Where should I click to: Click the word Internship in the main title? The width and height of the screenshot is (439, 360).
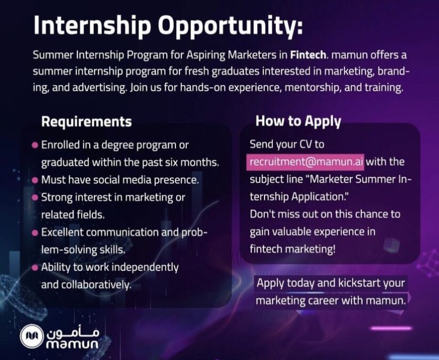click(x=92, y=26)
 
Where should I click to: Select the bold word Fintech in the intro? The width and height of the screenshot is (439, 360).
click(x=308, y=54)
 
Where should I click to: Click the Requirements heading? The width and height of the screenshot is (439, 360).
click(x=86, y=122)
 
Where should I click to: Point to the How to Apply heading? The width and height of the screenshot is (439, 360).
click(x=298, y=122)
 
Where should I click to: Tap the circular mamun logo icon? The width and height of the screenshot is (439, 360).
click(x=31, y=336)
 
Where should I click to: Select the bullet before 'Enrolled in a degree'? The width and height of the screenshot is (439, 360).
click(x=35, y=145)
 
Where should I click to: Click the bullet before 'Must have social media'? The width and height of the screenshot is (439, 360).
click(x=35, y=180)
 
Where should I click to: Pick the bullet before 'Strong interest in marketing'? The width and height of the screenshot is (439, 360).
click(x=35, y=198)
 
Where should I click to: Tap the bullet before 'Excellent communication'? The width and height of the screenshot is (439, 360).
click(x=35, y=233)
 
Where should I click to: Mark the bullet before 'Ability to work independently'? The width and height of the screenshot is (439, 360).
click(x=35, y=268)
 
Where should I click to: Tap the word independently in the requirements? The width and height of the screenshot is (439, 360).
click(x=148, y=268)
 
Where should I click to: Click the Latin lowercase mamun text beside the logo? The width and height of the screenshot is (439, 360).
click(x=72, y=344)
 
